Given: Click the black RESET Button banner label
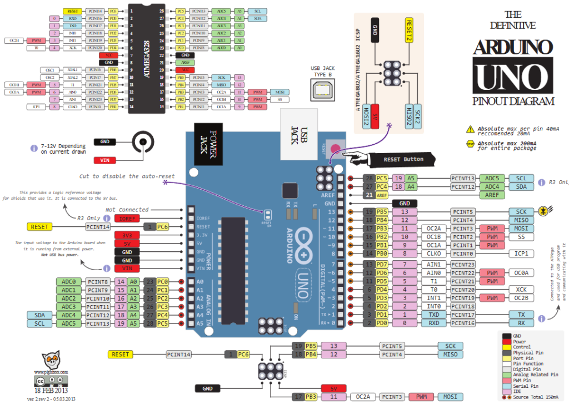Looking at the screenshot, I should pos(403,159).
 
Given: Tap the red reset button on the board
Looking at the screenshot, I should pos(335,148).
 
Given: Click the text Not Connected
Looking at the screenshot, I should pos(127,210).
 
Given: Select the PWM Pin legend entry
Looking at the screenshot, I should pos(525,380).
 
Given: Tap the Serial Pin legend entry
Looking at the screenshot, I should pos(525,386).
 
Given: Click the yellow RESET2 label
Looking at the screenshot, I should pos(410,30).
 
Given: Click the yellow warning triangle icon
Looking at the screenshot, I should pos(471,129).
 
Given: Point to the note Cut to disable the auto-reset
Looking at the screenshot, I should pos(127,176).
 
